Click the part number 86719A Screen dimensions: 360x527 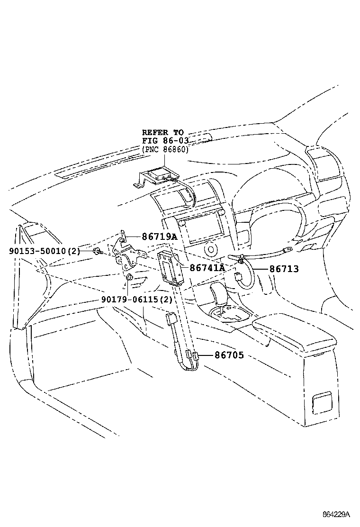tap(159, 236)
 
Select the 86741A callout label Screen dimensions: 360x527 tap(207, 268)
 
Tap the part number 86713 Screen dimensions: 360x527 tap(284, 269)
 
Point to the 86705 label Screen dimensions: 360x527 tap(229, 355)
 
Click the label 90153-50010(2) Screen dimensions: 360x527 tap(45, 251)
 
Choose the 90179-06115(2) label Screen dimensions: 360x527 tap(137, 299)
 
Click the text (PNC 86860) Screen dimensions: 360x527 tap(165, 149)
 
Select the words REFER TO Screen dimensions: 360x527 tap(163, 132)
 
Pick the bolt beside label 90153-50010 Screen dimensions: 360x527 tap(98, 251)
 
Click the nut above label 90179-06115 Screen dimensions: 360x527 tap(129, 277)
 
